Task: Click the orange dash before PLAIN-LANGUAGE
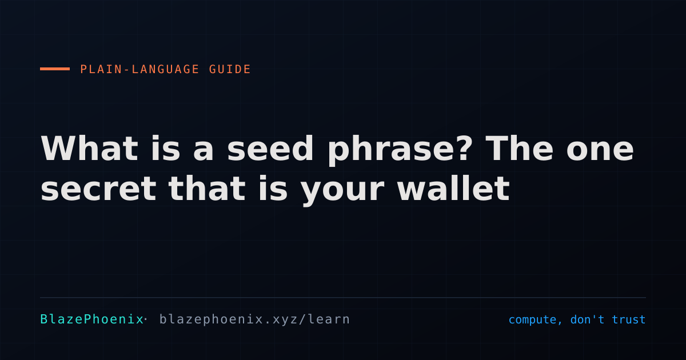coord(55,69)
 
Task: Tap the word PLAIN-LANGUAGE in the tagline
coord(139,69)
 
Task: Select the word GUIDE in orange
coord(230,69)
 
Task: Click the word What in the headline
coord(89,149)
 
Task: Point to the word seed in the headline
coord(270,149)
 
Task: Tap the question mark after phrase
coord(461,148)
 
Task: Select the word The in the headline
coord(520,148)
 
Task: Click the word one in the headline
coord(600,152)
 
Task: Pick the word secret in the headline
coord(98,189)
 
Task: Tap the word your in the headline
coord(342,192)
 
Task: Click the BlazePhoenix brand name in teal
coord(92,319)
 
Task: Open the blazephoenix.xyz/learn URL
coord(254,319)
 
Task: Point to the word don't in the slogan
coord(588,319)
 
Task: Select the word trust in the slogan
coord(629,319)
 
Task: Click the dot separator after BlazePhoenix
coord(145,319)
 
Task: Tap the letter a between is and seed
coord(204,152)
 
